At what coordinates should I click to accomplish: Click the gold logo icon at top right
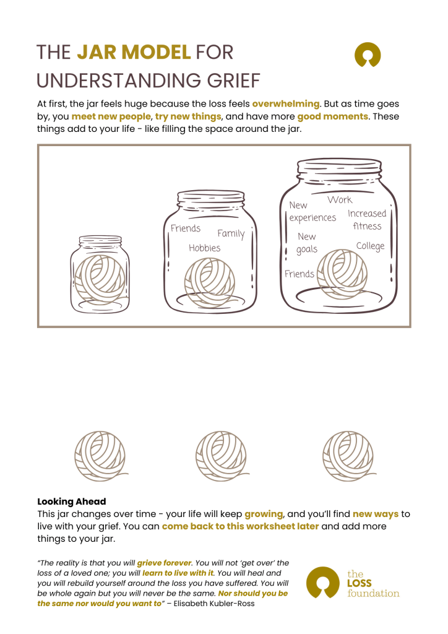(x=367, y=54)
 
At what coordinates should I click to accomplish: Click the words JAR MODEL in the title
(x=134, y=53)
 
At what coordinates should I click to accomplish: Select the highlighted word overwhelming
(x=286, y=103)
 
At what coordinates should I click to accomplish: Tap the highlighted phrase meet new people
(x=111, y=116)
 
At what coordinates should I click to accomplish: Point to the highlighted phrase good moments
(x=333, y=116)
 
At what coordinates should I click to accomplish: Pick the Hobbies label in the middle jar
(x=204, y=248)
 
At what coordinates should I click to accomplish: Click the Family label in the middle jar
(x=231, y=233)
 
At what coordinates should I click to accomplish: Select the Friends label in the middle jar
(x=186, y=228)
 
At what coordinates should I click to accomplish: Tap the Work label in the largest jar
(x=340, y=199)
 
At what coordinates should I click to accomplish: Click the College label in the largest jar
(x=370, y=246)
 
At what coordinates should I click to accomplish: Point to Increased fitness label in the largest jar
(x=367, y=220)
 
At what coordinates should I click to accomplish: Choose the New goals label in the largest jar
(x=306, y=243)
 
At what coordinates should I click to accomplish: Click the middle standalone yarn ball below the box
(x=218, y=453)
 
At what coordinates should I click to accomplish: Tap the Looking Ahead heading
(x=72, y=502)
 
